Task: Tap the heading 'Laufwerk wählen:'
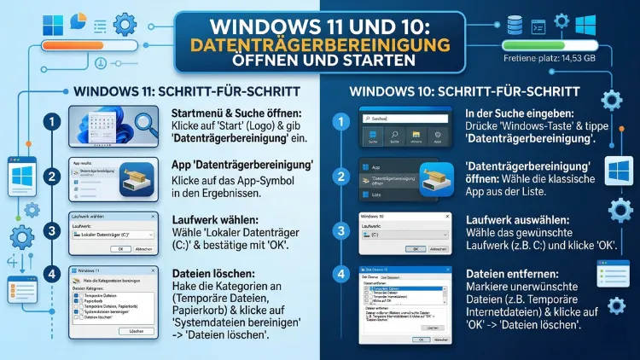211,218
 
